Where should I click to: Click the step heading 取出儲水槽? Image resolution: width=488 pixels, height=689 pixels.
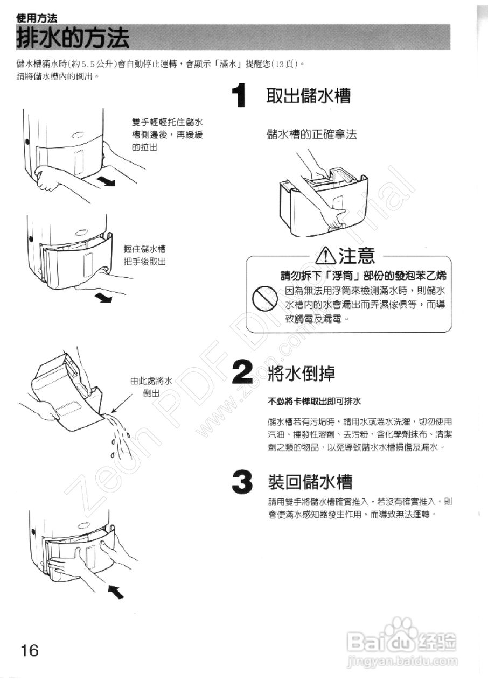(309, 97)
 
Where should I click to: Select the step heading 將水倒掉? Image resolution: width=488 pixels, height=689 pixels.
(301, 373)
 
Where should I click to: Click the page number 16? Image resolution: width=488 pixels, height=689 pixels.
(30, 650)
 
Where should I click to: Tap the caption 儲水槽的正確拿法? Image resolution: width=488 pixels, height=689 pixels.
(312, 135)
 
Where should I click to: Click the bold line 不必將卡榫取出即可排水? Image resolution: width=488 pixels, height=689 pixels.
(314, 402)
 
